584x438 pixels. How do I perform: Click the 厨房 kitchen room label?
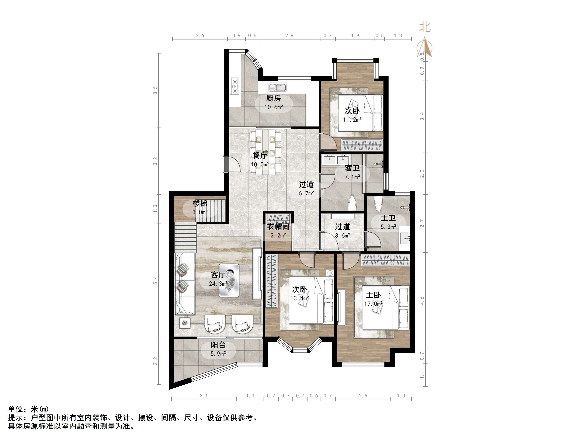(273, 98)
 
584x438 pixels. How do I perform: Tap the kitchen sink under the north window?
(278, 87)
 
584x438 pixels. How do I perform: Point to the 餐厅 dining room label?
(260, 156)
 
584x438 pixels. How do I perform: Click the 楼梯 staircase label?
(200, 203)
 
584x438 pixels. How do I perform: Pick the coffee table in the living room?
(229, 280)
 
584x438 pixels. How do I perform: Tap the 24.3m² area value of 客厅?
(218, 284)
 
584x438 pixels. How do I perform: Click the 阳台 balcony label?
(218, 345)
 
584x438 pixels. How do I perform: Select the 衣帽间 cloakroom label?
(278, 226)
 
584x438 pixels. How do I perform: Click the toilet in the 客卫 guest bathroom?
(352, 203)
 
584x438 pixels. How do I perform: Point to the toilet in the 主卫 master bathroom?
(378, 204)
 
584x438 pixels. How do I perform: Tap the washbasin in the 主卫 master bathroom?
(404, 238)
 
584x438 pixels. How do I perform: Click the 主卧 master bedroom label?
(373, 295)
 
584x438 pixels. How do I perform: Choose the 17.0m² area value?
(373, 304)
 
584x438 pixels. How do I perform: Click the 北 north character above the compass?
(425, 27)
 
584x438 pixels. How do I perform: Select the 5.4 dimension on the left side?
(156, 280)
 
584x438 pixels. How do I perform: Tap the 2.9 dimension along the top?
(289, 36)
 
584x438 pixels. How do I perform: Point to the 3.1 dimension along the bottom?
(204, 396)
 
